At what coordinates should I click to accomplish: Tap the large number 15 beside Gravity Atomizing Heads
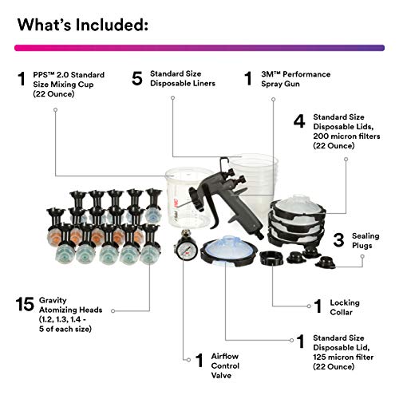25,304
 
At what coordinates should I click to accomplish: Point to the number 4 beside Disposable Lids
299,122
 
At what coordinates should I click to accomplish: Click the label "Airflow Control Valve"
227,365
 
